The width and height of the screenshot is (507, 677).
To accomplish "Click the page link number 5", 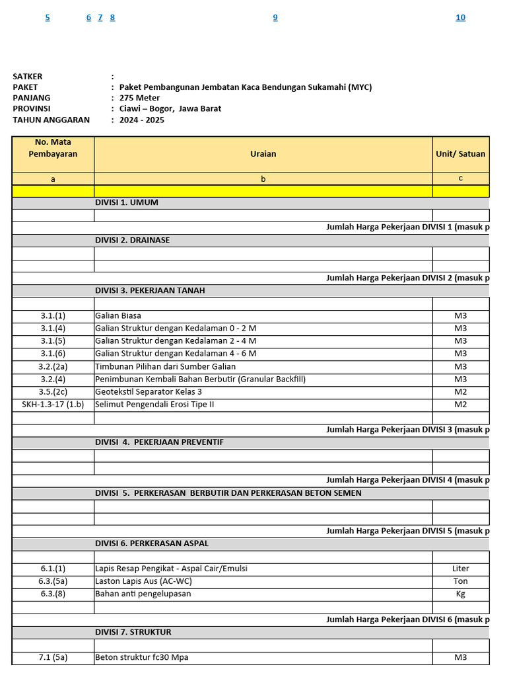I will (x=48, y=18).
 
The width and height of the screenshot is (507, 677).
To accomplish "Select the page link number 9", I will (x=275, y=18).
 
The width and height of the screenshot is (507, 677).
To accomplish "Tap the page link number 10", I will (x=460, y=18).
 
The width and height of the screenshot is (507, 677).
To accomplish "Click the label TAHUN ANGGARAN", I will (x=51, y=120).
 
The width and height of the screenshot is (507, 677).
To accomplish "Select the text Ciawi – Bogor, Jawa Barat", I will (x=170, y=108).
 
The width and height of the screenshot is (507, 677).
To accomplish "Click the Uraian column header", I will (x=263, y=154).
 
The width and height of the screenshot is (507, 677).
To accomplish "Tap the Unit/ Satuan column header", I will (x=460, y=154).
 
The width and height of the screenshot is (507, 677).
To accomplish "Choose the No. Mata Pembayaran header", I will (x=53, y=148).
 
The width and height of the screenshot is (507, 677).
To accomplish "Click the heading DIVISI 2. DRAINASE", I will (x=132, y=240).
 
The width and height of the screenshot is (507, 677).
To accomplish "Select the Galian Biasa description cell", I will (x=118, y=316).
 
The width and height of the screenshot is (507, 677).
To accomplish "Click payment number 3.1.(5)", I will (x=53, y=341).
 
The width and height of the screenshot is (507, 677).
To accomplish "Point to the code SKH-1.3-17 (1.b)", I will (x=52, y=404).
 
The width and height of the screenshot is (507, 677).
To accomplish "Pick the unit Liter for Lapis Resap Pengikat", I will (x=460, y=569).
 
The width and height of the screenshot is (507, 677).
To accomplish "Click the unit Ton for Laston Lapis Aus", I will (x=460, y=581).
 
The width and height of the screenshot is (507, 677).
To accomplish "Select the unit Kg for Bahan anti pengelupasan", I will (x=460, y=594).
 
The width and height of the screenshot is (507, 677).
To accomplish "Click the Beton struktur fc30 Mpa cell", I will (x=146, y=657).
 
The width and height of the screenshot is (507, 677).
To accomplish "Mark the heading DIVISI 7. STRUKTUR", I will (x=133, y=632).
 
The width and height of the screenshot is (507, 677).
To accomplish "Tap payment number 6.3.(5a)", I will (x=53, y=581).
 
